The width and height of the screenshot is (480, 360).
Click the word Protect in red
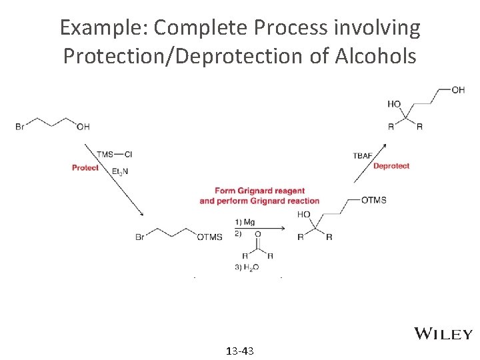pyautogui.click(x=85, y=168)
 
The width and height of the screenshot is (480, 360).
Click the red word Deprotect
pyautogui.click(x=391, y=166)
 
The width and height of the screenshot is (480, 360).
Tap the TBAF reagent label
pyautogui.click(x=363, y=155)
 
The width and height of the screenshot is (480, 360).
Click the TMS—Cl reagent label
pyautogui.click(x=114, y=154)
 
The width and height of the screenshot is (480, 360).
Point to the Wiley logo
pyautogui.click(x=443, y=334)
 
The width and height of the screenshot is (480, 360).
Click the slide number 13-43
pyautogui.click(x=240, y=351)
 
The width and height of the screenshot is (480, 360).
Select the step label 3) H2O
pyautogui.click(x=247, y=267)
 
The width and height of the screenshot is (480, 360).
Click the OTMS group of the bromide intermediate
pyautogui.click(x=210, y=237)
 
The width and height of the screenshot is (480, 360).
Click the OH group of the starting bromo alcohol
pyautogui.click(x=83, y=127)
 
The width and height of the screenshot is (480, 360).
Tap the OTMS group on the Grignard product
pyautogui.click(x=373, y=200)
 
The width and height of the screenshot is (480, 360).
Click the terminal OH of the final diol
pyautogui.click(x=458, y=90)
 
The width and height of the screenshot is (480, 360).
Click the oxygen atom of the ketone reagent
pyautogui.click(x=258, y=234)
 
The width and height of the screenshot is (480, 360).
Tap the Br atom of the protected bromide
pyautogui.click(x=140, y=237)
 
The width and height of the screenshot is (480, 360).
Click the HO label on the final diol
pyautogui.click(x=394, y=104)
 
